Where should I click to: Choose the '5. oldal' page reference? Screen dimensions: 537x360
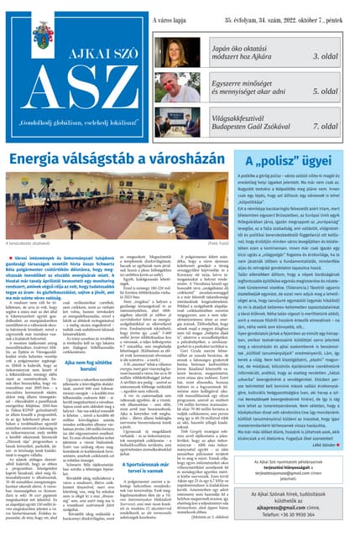point(335,91)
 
